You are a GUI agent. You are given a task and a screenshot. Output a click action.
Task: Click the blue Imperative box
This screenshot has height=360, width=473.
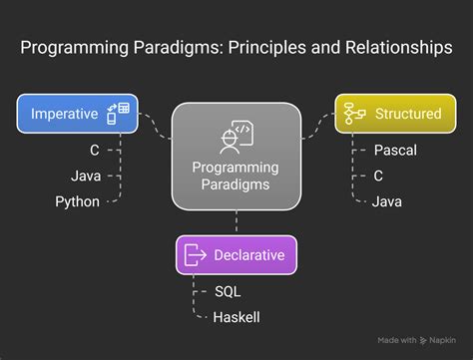pos(77,114)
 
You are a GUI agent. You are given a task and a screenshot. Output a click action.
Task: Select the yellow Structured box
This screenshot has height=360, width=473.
pos(394,114)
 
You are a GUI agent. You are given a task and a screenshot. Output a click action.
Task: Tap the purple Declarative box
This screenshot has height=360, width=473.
pos(236,255)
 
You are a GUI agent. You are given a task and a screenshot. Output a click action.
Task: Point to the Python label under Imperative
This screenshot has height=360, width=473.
pos(77,201)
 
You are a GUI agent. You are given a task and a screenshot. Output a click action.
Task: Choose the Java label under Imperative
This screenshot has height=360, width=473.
pos(85,177)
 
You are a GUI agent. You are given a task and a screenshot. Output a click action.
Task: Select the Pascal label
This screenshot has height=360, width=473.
pos(394,152)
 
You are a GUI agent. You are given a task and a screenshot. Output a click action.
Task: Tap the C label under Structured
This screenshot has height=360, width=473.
pos(378,177)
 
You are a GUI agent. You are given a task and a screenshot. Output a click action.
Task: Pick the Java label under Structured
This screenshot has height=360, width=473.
pos(387,201)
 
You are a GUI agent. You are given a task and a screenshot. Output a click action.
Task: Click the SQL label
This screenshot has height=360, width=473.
pos(228,293)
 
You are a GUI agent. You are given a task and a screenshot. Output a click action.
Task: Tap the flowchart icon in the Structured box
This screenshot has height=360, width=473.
pos(353,114)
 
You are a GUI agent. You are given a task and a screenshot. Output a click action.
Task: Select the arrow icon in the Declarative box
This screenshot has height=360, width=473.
pos(195,255)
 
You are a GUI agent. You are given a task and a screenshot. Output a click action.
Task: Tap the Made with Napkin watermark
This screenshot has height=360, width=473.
pos(417,340)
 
